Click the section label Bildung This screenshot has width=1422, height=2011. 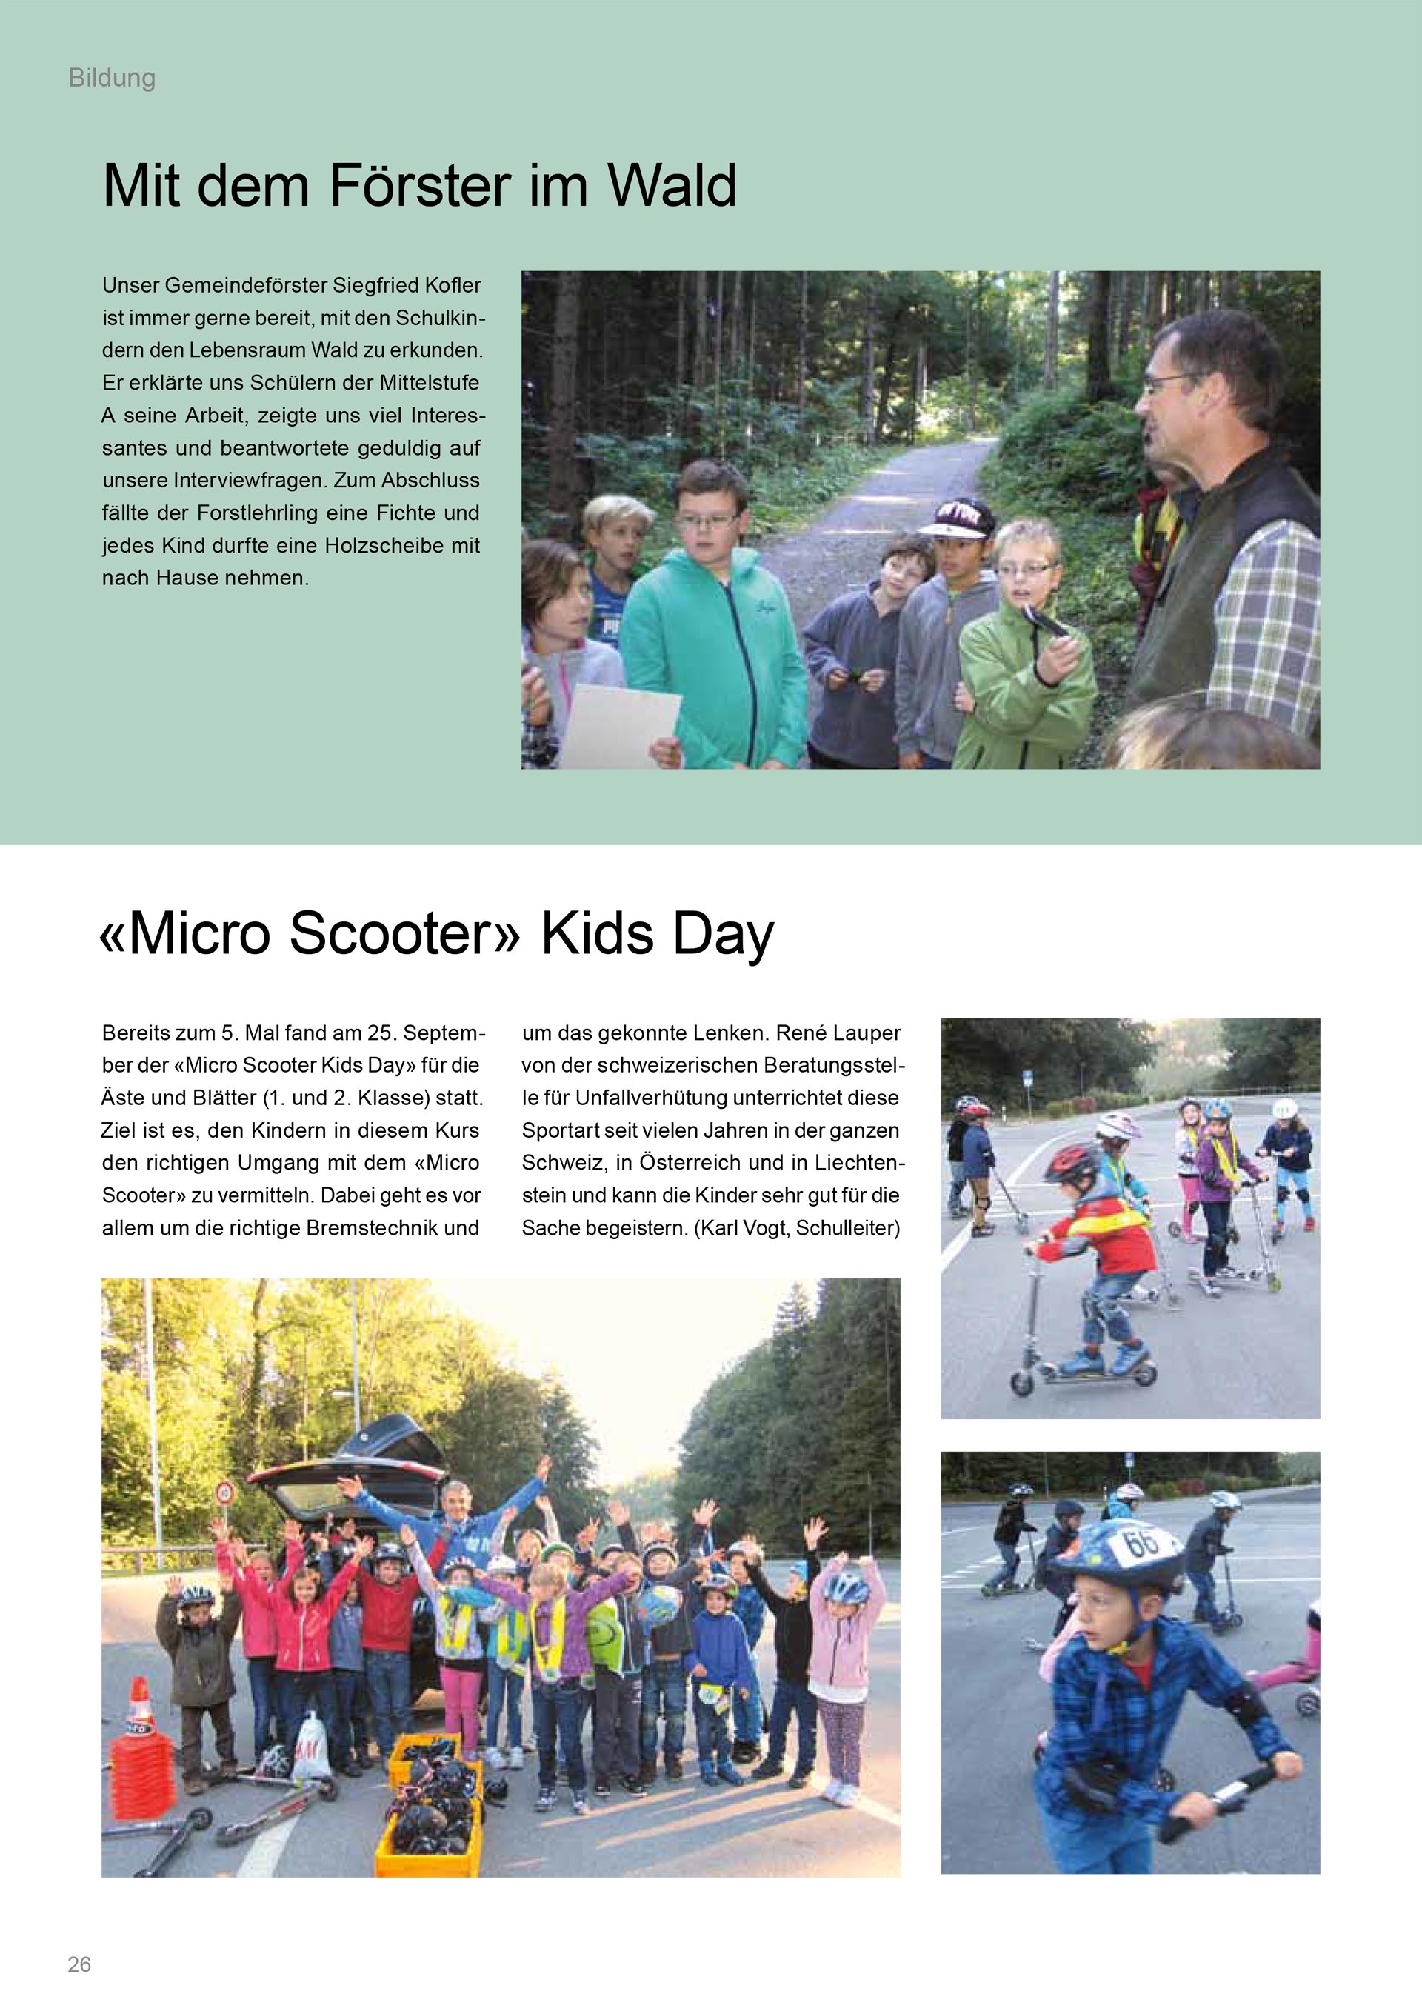point(111,78)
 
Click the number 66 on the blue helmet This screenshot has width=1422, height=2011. point(1140,1542)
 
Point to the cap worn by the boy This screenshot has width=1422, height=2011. point(956,518)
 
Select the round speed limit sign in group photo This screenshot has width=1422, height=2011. point(226,1492)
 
